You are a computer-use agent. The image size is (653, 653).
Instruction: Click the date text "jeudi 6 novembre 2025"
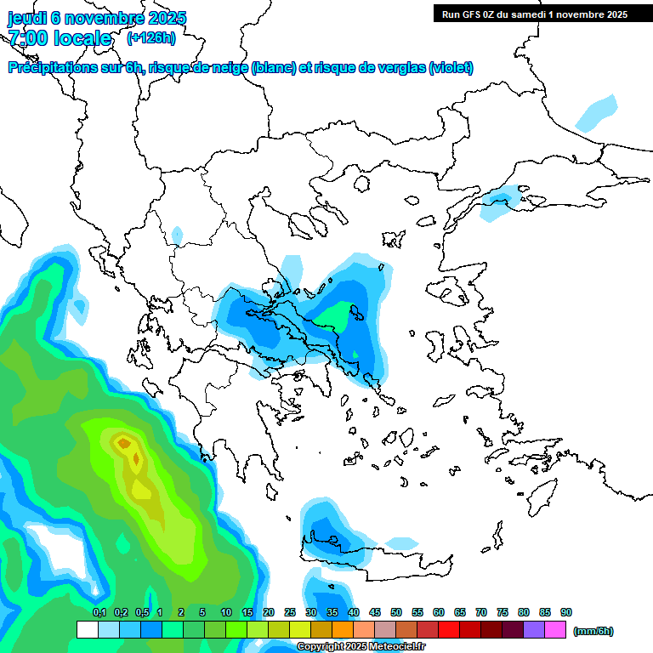(x=97, y=18)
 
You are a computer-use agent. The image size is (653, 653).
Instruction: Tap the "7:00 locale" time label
(x=60, y=38)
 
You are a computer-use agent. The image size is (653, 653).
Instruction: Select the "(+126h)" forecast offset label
(x=151, y=37)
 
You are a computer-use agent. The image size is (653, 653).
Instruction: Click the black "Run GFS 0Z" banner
(x=533, y=14)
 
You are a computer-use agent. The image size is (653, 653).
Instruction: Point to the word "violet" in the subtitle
(x=451, y=68)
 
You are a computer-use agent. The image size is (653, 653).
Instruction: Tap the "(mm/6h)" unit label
(x=593, y=631)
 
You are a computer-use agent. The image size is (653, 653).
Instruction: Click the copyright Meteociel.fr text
(x=361, y=646)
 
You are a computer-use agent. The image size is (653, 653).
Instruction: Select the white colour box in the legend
(x=87, y=630)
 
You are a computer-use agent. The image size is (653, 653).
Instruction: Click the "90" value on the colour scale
(x=566, y=613)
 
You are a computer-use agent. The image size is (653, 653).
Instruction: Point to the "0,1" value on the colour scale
(x=99, y=613)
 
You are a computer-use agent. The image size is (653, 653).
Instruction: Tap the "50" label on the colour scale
(x=396, y=613)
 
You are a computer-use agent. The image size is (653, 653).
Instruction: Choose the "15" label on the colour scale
(x=247, y=613)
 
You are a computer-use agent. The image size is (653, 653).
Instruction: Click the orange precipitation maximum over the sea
(x=124, y=442)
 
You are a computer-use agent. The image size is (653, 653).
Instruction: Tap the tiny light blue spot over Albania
(x=177, y=234)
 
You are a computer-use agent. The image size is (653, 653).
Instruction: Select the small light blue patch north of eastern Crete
(x=401, y=542)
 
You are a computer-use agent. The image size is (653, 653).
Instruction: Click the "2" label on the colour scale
(x=181, y=613)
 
